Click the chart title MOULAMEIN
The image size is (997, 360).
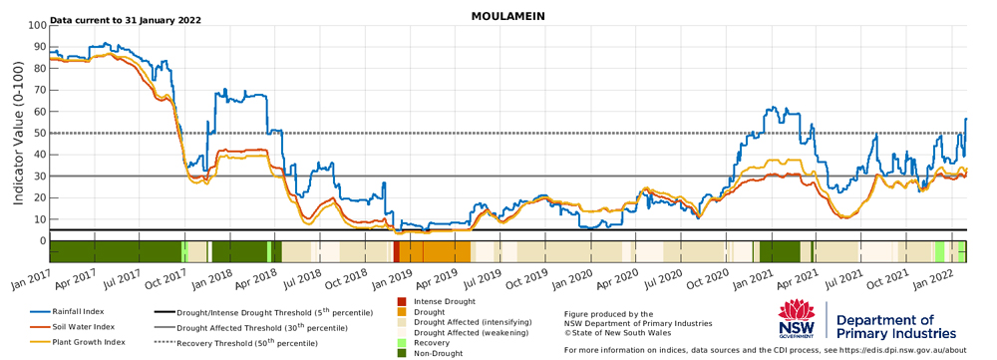(507, 16)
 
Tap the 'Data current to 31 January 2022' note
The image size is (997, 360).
(126, 20)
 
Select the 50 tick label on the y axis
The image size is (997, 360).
(41, 134)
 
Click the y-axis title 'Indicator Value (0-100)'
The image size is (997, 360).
(18, 133)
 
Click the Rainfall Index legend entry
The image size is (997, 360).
(67, 312)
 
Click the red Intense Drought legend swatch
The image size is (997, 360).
(402, 301)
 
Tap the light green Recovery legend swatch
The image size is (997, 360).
(402, 343)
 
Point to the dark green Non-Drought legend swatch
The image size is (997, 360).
(402, 353)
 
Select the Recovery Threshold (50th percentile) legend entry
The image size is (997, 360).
(235, 343)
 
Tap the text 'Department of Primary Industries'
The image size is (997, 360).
(895, 326)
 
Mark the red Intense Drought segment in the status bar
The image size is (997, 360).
(396, 251)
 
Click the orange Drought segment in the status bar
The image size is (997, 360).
(435, 251)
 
